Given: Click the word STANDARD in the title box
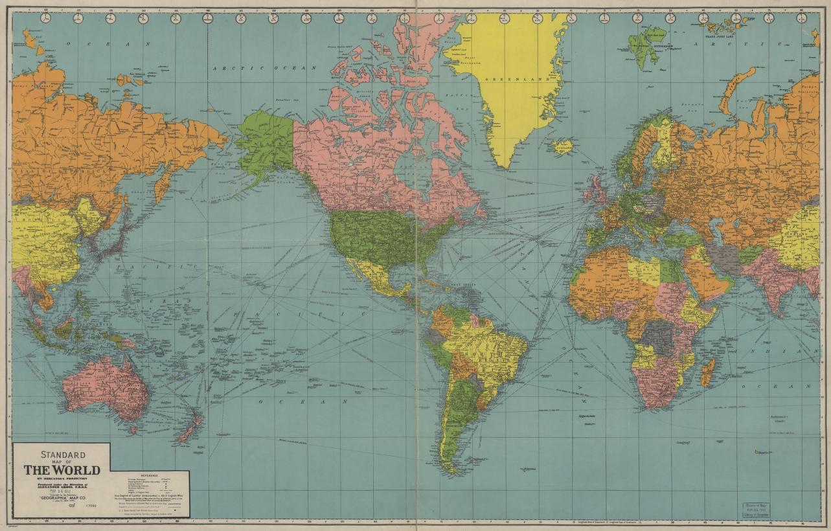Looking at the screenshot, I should tap(63, 455).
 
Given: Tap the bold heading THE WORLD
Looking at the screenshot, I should tap(62, 469).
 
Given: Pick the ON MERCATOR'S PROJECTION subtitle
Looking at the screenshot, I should tap(62, 479).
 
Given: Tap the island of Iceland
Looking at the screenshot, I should tap(563, 147).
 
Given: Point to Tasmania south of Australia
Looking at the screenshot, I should tap(133, 429).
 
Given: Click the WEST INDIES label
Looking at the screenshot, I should tap(461, 284).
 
